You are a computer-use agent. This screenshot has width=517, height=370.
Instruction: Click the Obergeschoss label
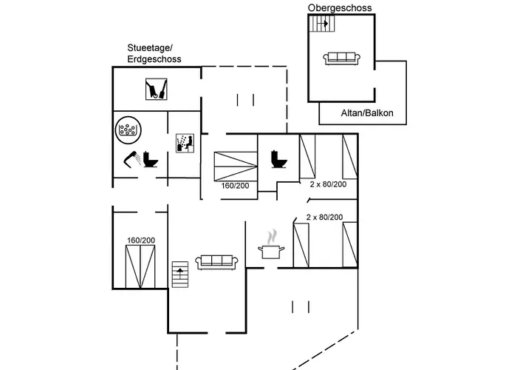click(x=340, y=7)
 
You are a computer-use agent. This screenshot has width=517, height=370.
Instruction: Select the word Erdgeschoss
click(x=154, y=58)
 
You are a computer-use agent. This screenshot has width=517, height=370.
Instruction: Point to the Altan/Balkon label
click(x=367, y=113)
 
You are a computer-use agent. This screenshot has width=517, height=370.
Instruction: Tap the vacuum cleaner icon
click(x=156, y=90)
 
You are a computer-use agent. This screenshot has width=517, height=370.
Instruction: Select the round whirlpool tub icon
click(x=129, y=130)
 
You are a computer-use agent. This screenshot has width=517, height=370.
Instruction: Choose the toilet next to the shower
click(x=152, y=159)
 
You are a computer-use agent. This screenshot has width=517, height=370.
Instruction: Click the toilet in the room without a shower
click(x=279, y=158)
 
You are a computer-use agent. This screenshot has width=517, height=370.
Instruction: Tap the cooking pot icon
click(x=270, y=251)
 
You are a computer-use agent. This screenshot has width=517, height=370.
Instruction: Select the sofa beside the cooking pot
click(x=216, y=261)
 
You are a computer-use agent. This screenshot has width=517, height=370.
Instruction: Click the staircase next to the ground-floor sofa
click(x=180, y=276)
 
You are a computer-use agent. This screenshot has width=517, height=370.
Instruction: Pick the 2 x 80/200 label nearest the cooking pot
click(x=324, y=217)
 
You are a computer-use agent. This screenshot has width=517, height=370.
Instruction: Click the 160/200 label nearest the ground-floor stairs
click(x=140, y=240)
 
